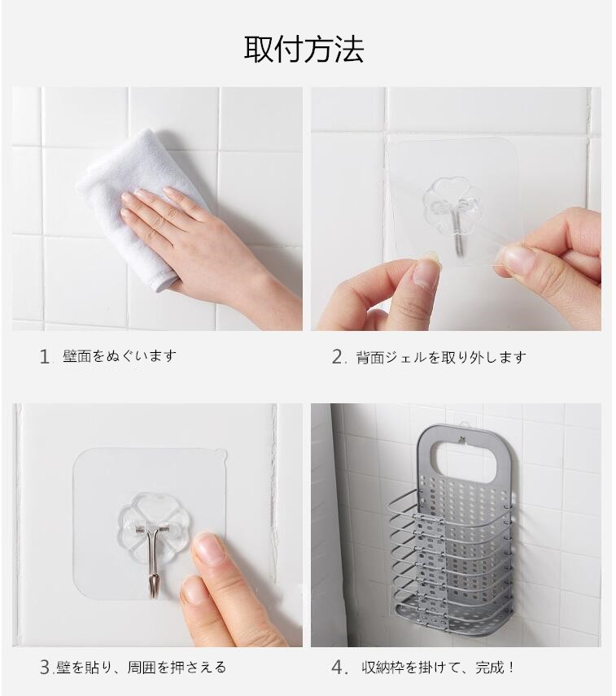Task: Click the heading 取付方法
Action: pyautogui.click(x=304, y=49)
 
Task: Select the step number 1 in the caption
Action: pyautogui.click(x=45, y=357)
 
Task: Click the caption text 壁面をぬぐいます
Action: pyautogui.click(x=120, y=356)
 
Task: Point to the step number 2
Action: pyautogui.click(x=338, y=357)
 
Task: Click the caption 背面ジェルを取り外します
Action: pyautogui.click(x=441, y=357)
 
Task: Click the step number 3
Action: pyautogui.click(x=46, y=668)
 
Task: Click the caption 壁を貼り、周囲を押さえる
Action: pyautogui.click(x=142, y=668)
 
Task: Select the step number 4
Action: pyautogui.click(x=338, y=668)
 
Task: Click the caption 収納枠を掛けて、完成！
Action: pyautogui.click(x=438, y=668)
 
